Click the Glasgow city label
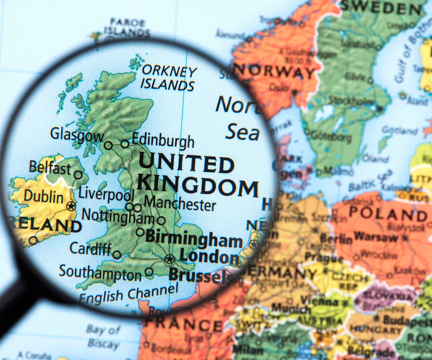click(x=77, y=135)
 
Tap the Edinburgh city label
click(x=163, y=140)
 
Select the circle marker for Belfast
click(x=78, y=175)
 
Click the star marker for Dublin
click(x=71, y=206)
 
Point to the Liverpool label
click(x=106, y=194)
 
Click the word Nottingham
click(x=118, y=216)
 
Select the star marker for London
click(x=170, y=259)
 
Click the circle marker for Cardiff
click(x=117, y=255)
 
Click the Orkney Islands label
click(x=168, y=77)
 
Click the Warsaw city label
click(x=375, y=237)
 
